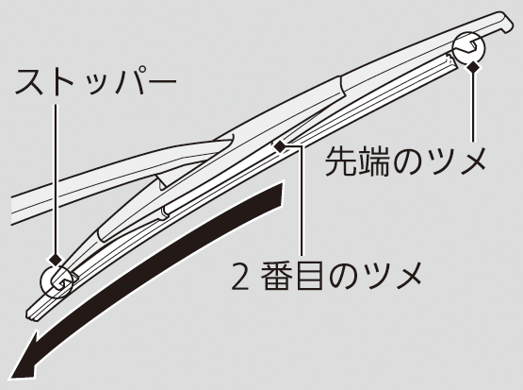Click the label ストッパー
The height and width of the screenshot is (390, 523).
click(96, 81)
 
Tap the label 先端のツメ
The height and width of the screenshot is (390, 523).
click(405, 161)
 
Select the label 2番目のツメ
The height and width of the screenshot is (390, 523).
click(325, 277)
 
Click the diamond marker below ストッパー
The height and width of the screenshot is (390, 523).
click(56, 259)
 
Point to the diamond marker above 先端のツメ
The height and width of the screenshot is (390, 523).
click(473, 67)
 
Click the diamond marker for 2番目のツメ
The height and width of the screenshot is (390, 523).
click(280, 146)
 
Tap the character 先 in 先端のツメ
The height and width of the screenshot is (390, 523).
click(340, 161)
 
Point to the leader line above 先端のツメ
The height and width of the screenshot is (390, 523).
click(473, 107)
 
